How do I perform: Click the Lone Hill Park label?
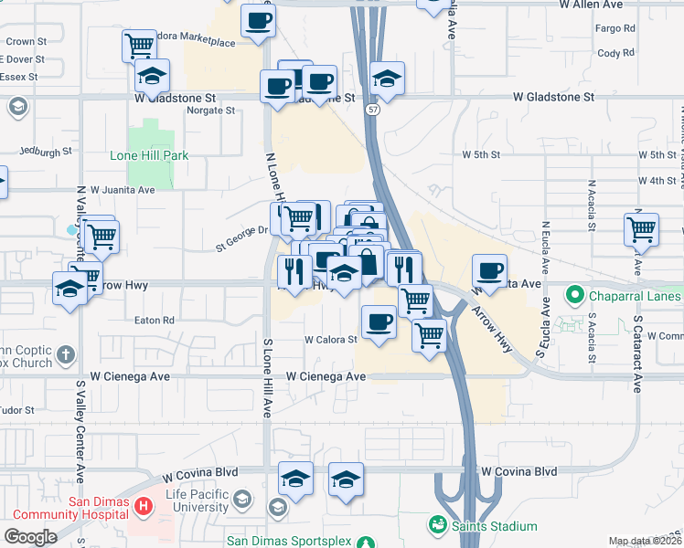click(149, 155)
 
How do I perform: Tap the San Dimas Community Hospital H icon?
click(144, 505)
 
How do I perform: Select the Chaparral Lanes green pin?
click(574, 296)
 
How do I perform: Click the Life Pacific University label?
click(185, 501)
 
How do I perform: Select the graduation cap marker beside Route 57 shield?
click(388, 78)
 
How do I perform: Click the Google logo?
click(30, 537)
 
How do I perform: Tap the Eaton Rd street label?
click(154, 321)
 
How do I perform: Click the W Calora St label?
click(330, 340)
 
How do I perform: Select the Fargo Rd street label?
click(615, 29)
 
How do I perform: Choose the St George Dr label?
click(241, 243)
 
